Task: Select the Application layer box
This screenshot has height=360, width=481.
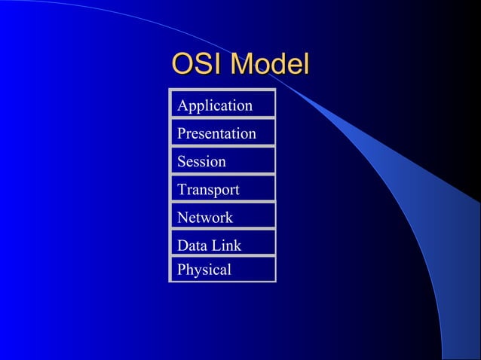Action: (x=222, y=105)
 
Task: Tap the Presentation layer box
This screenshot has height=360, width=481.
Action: (x=222, y=133)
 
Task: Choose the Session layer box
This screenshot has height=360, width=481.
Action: (x=222, y=161)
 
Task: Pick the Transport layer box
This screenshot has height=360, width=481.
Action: (x=222, y=189)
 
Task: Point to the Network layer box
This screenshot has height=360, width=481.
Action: (x=222, y=217)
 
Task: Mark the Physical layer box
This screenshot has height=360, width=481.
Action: (x=222, y=269)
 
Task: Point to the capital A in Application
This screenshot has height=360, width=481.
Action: (x=182, y=105)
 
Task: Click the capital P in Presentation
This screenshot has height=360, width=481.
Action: (x=181, y=134)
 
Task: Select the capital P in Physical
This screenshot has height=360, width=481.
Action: (x=181, y=270)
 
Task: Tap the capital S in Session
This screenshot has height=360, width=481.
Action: (x=181, y=162)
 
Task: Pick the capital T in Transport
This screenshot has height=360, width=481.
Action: (x=182, y=190)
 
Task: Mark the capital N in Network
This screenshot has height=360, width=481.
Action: (x=182, y=218)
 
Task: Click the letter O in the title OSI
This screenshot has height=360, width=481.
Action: (x=183, y=65)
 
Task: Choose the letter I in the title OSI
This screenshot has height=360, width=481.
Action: (x=219, y=65)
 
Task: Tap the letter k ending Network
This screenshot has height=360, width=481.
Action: (x=229, y=218)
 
